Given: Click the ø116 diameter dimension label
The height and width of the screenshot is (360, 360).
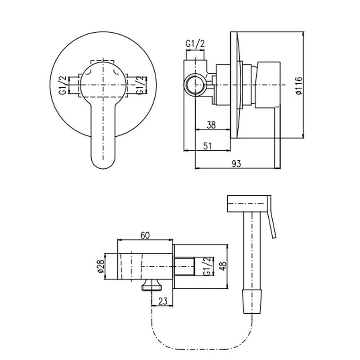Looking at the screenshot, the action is (x=299, y=85).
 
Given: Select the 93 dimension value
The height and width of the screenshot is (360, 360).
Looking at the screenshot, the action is (x=237, y=164).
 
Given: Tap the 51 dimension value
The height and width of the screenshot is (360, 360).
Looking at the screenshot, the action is (x=207, y=146).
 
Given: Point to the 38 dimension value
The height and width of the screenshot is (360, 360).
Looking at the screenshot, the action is (x=211, y=125).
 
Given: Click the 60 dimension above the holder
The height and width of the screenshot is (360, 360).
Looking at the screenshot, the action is (x=145, y=235).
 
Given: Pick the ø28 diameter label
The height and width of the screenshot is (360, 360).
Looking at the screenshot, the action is (x=100, y=266).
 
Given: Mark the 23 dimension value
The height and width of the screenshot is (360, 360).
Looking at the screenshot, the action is (x=163, y=301).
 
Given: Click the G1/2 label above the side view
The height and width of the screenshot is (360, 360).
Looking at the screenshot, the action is (x=195, y=44).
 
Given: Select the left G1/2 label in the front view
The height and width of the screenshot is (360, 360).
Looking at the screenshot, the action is (x=63, y=85).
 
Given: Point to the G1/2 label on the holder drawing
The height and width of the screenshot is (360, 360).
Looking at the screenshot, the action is (x=207, y=266).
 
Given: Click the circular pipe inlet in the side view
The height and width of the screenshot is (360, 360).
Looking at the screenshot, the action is (x=195, y=85).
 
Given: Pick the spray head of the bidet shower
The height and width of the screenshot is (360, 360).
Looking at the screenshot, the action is (x=247, y=204).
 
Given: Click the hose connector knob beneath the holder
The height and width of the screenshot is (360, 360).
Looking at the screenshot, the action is (x=152, y=285).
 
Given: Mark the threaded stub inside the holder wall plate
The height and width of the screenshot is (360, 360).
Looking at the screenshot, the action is (x=185, y=266).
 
